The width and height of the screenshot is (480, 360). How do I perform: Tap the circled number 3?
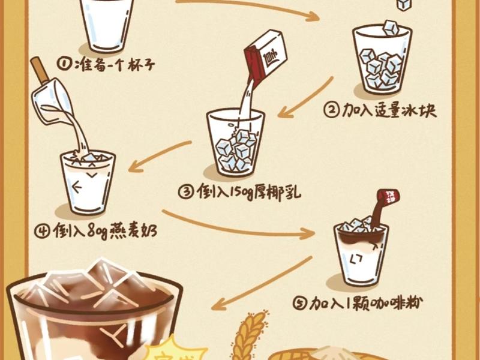[187, 193]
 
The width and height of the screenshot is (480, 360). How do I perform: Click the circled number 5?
[301, 304]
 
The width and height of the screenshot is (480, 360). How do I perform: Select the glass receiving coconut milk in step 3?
[235, 144]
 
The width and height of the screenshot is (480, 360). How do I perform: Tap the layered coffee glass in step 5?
[361, 252]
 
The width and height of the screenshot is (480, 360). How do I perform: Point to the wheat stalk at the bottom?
[250, 333]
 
